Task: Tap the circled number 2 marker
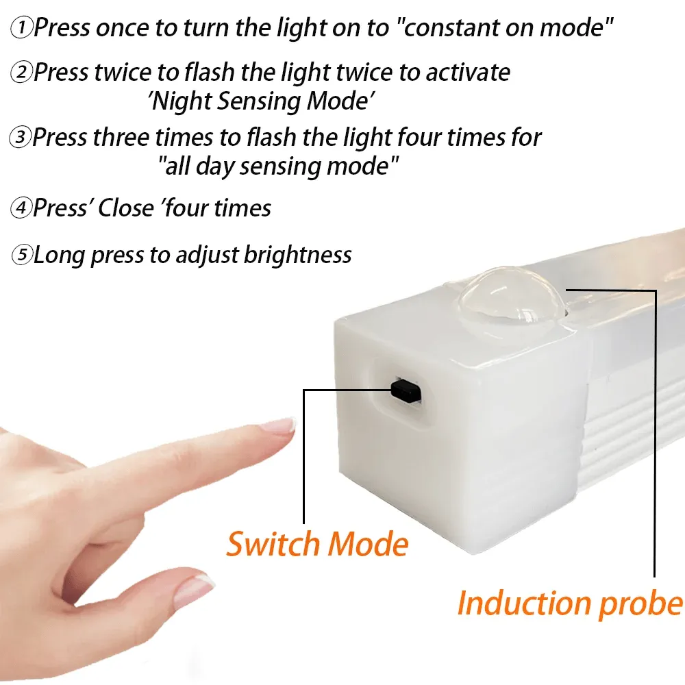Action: point(22,73)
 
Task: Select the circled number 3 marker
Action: point(21,138)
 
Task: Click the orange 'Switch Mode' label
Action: point(317,545)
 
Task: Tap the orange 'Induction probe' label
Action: point(570,603)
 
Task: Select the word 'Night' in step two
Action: point(182,101)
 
